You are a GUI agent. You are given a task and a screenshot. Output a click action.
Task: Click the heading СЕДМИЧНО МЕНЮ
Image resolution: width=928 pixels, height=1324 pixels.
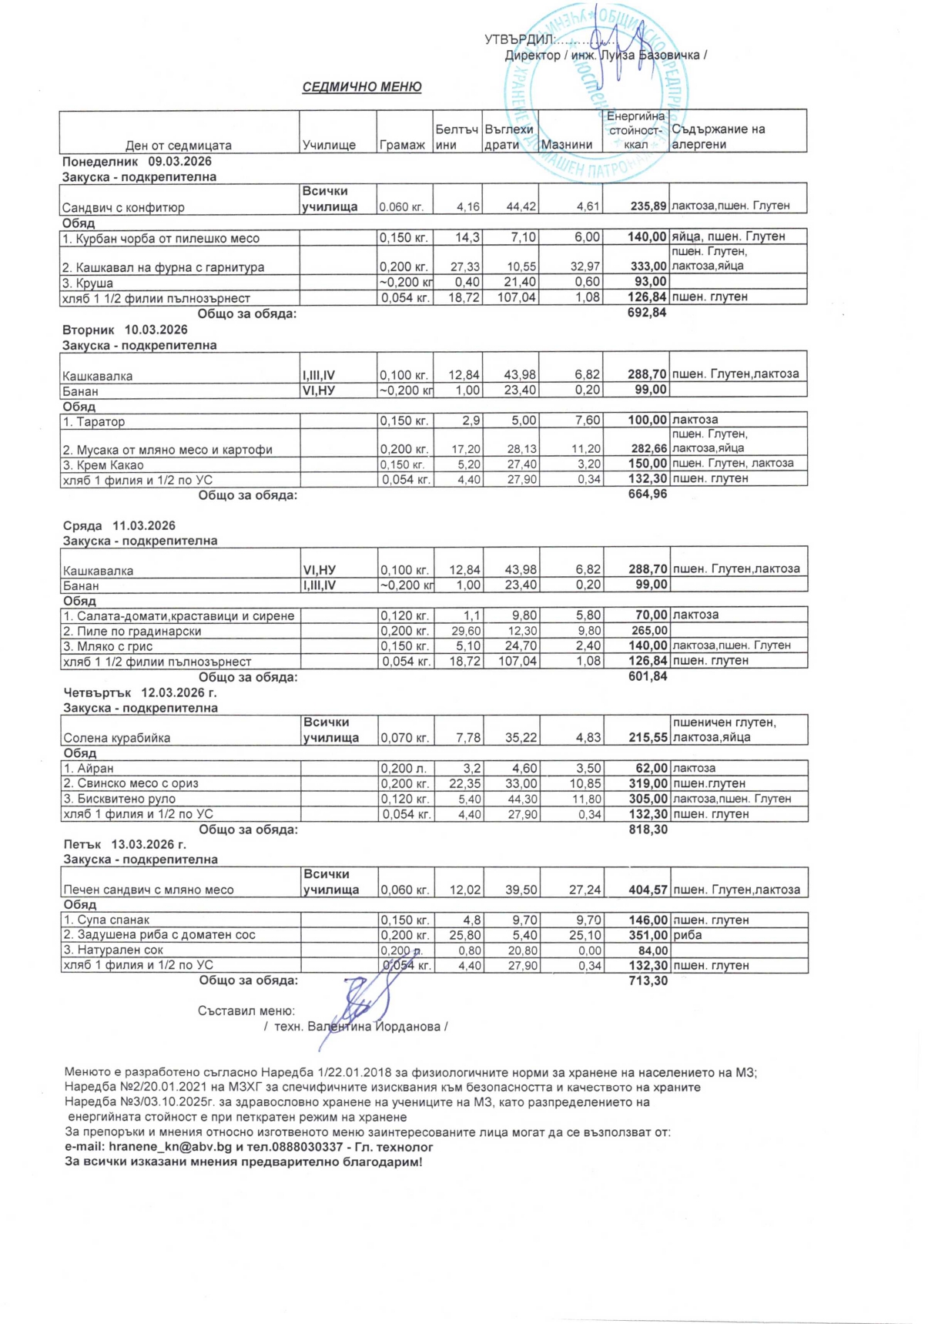pyautogui.click(x=361, y=87)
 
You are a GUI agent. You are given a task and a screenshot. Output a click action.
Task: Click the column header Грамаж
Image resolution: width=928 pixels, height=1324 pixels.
pyautogui.click(x=402, y=145)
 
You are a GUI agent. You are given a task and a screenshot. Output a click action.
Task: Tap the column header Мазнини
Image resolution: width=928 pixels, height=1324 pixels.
pyautogui.click(x=567, y=145)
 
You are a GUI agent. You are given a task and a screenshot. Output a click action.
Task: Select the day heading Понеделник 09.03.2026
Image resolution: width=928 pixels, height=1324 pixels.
pyautogui.click(x=137, y=162)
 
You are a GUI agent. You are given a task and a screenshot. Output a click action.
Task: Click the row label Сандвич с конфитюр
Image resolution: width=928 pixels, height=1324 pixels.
pyautogui.click(x=123, y=207)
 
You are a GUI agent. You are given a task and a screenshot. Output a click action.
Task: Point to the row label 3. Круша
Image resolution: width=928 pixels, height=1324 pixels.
pyautogui.click(x=89, y=283)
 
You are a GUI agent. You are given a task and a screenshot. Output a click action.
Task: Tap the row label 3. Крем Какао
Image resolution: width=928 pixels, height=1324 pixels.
pyautogui.click(x=103, y=465)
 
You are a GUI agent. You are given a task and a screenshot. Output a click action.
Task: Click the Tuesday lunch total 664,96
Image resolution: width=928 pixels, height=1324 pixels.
pyautogui.click(x=648, y=494)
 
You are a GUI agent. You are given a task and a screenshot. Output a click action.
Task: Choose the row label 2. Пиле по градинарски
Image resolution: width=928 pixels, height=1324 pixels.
pyautogui.click(x=132, y=631)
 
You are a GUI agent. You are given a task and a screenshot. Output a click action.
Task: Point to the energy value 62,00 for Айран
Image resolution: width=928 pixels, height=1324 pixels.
pyautogui.click(x=652, y=768)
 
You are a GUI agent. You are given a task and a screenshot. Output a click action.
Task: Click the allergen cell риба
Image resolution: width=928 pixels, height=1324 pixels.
pyautogui.click(x=687, y=935)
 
